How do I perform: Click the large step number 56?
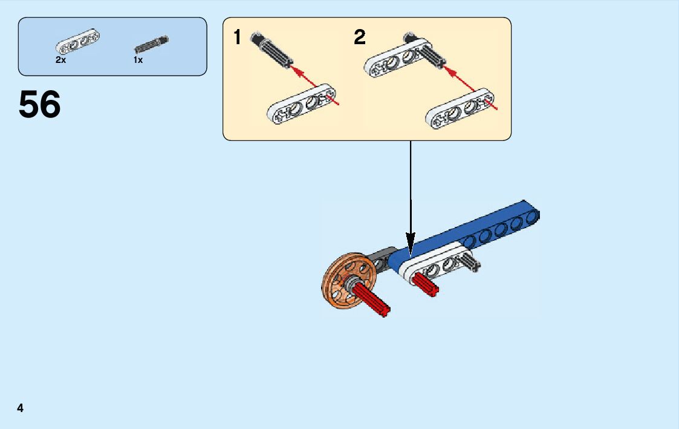(x=40, y=104)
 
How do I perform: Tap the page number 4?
(x=21, y=408)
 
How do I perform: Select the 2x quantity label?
(x=60, y=60)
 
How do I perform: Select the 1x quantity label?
(x=138, y=60)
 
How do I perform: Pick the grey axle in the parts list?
(x=151, y=44)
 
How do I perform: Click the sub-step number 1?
(x=238, y=38)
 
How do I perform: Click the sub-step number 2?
(x=360, y=38)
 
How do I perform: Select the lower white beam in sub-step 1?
(x=301, y=104)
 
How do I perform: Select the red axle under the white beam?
(x=425, y=283)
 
